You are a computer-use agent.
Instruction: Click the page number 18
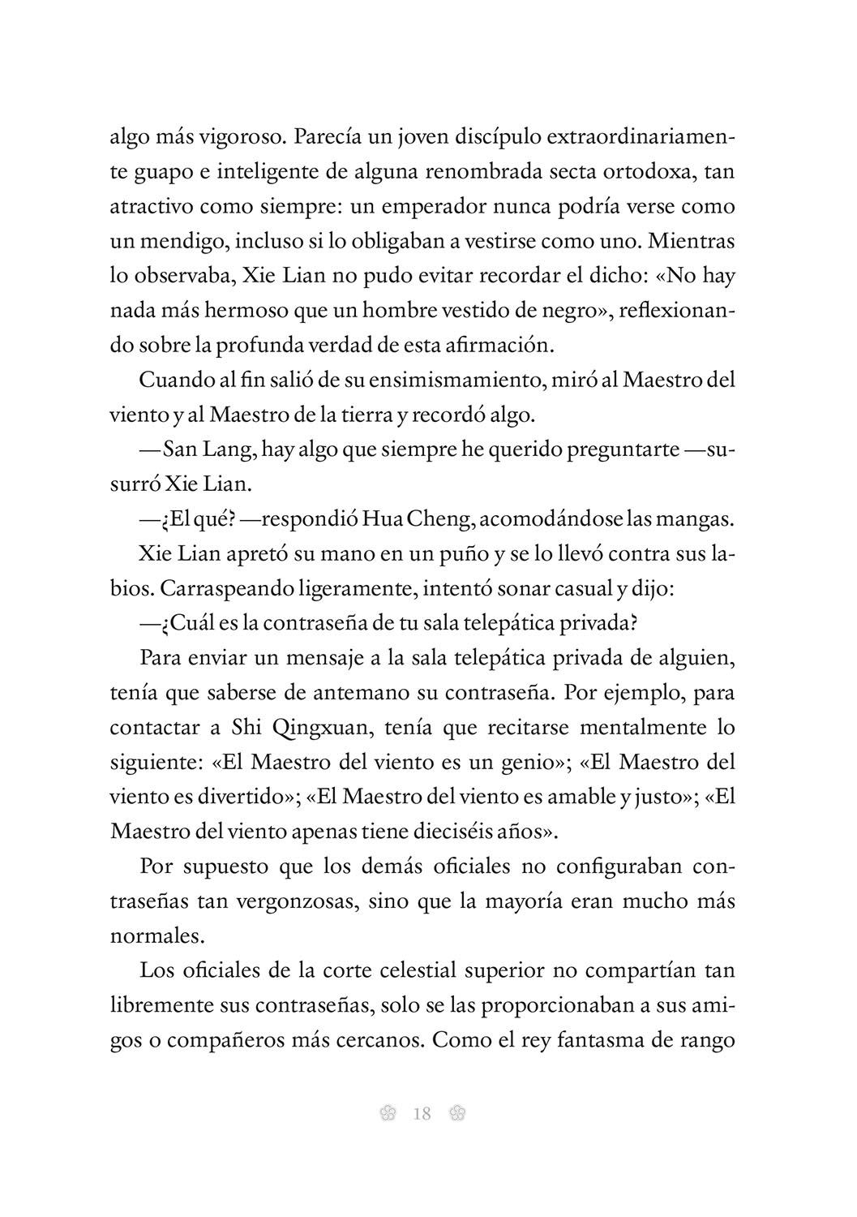(422, 1114)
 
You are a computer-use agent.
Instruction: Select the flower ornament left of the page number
(388, 1114)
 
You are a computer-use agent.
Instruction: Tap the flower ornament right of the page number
(456, 1114)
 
